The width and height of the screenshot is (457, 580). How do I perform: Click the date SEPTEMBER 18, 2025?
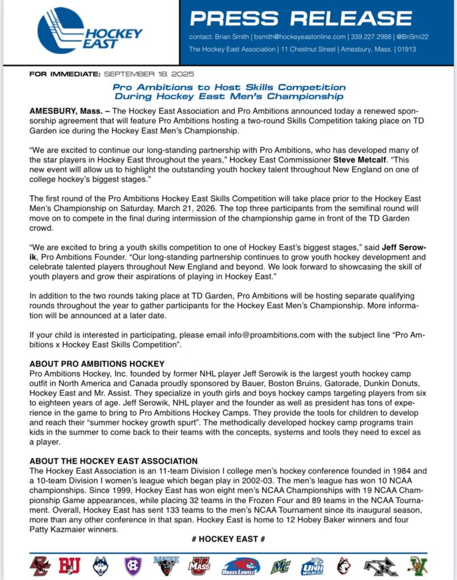click(149, 74)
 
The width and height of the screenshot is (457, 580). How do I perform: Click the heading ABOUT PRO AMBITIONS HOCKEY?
click(97, 363)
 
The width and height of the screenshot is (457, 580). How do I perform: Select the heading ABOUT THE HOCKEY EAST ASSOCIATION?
click(113, 461)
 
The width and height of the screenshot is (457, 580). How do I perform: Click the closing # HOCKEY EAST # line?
click(228, 539)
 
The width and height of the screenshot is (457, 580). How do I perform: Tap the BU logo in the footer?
click(69, 565)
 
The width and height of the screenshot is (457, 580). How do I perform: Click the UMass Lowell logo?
click(241, 565)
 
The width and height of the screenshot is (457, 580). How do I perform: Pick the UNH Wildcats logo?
click(312, 565)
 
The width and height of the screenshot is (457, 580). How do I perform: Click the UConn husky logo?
click(100, 565)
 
